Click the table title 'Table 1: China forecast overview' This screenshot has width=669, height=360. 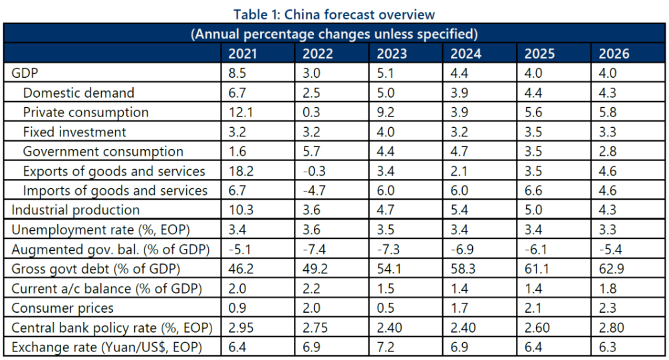point(334,15)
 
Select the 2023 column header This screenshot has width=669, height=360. point(392,54)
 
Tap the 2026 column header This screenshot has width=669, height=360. point(614,54)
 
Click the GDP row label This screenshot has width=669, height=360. point(25,73)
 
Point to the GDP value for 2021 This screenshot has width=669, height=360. point(237,73)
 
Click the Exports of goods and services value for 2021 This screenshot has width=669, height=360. point(241,171)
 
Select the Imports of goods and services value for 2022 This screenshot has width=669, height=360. point(314,190)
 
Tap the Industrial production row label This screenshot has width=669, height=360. point(76,210)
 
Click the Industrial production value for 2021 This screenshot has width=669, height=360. point(241,210)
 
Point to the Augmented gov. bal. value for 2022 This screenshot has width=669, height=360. point(314,250)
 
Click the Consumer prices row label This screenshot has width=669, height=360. point(63,308)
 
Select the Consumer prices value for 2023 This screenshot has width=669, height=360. point(386,308)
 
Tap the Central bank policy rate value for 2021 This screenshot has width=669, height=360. point(241,328)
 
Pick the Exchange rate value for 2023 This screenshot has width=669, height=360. point(386,347)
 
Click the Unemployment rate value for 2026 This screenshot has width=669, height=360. point(608,230)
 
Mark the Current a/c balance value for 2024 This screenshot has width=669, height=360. point(460,289)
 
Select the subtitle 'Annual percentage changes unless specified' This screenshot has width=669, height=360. point(334,34)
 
